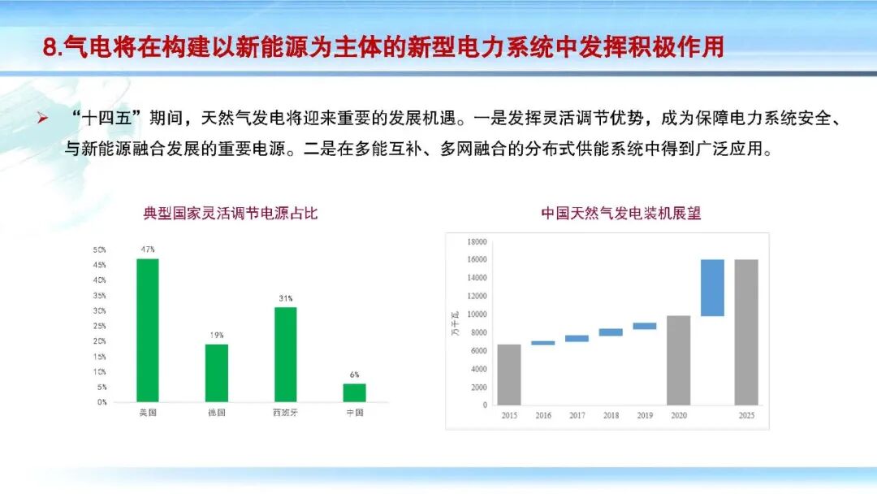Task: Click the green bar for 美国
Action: pyautogui.click(x=148, y=330)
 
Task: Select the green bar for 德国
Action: pyautogui.click(x=217, y=373)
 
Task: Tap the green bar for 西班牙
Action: pyautogui.click(x=285, y=354)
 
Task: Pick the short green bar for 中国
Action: pyautogui.click(x=354, y=392)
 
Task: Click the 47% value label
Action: pyautogui.click(x=148, y=249)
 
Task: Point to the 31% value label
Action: pyautogui.click(x=285, y=298)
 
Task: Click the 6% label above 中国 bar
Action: pyautogui.click(x=355, y=375)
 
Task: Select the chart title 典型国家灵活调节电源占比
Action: pyautogui.click(x=230, y=214)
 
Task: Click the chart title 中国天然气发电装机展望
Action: pyautogui.click(x=620, y=214)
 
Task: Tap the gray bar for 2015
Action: pyautogui.click(x=509, y=375)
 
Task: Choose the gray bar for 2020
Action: pyautogui.click(x=678, y=360)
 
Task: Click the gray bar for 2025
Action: pyautogui.click(x=746, y=331)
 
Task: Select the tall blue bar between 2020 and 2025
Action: pyautogui.click(x=712, y=288)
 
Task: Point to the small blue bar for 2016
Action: pyautogui.click(x=543, y=343)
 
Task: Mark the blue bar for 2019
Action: pyautogui.click(x=645, y=326)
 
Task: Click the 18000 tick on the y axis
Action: pyautogui.click(x=477, y=242)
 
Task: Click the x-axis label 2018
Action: pyautogui.click(x=611, y=415)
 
